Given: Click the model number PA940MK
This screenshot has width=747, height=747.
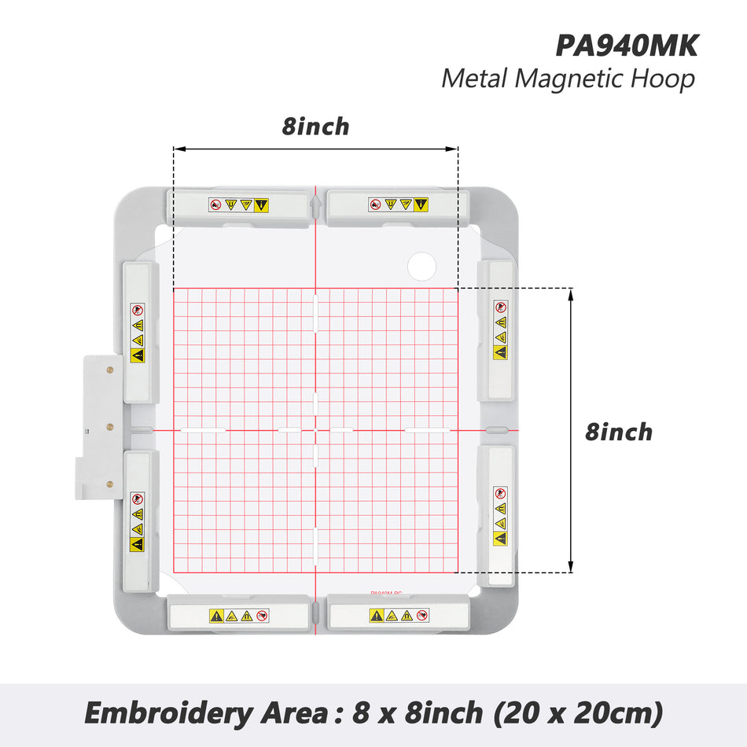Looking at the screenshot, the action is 627,46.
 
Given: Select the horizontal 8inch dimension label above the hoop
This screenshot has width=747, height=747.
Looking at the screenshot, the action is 315,127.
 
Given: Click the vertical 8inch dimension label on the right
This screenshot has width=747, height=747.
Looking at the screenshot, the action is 618,432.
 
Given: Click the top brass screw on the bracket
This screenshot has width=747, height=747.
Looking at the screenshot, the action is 110,370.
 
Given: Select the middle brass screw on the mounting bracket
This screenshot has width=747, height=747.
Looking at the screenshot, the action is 110,426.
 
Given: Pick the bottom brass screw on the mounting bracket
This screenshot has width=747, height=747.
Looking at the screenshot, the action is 110,484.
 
